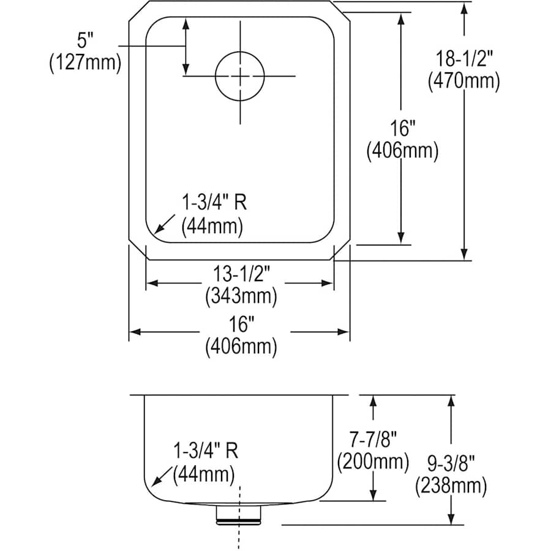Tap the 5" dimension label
[x=85, y=40]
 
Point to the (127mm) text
[x=85, y=62]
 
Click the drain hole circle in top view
[x=240, y=76]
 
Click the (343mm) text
[x=240, y=296]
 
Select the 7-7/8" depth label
[x=372, y=438]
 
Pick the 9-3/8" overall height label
[x=451, y=464]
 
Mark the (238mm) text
[x=451, y=486]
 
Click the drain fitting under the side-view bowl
[x=239, y=514]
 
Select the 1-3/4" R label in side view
[x=205, y=452]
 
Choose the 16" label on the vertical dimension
[x=402, y=129]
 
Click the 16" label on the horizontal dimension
[x=240, y=324]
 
